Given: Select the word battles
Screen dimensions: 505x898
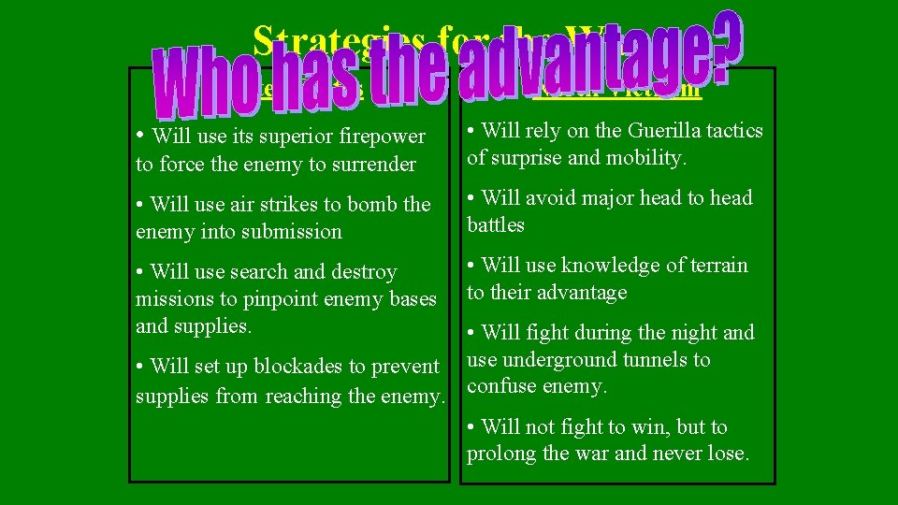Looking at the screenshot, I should point(496,225).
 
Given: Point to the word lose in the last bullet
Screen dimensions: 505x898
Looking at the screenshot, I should point(727,454).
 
